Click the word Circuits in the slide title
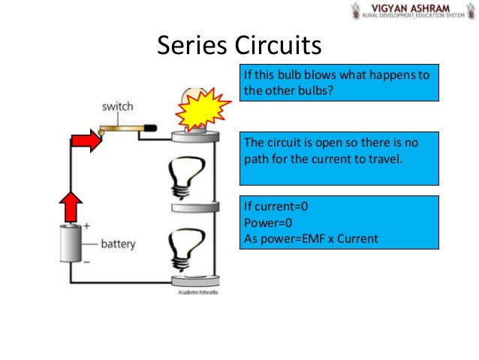click(x=279, y=47)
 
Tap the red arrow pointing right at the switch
click(x=86, y=140)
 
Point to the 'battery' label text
click(x=118, y=245)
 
